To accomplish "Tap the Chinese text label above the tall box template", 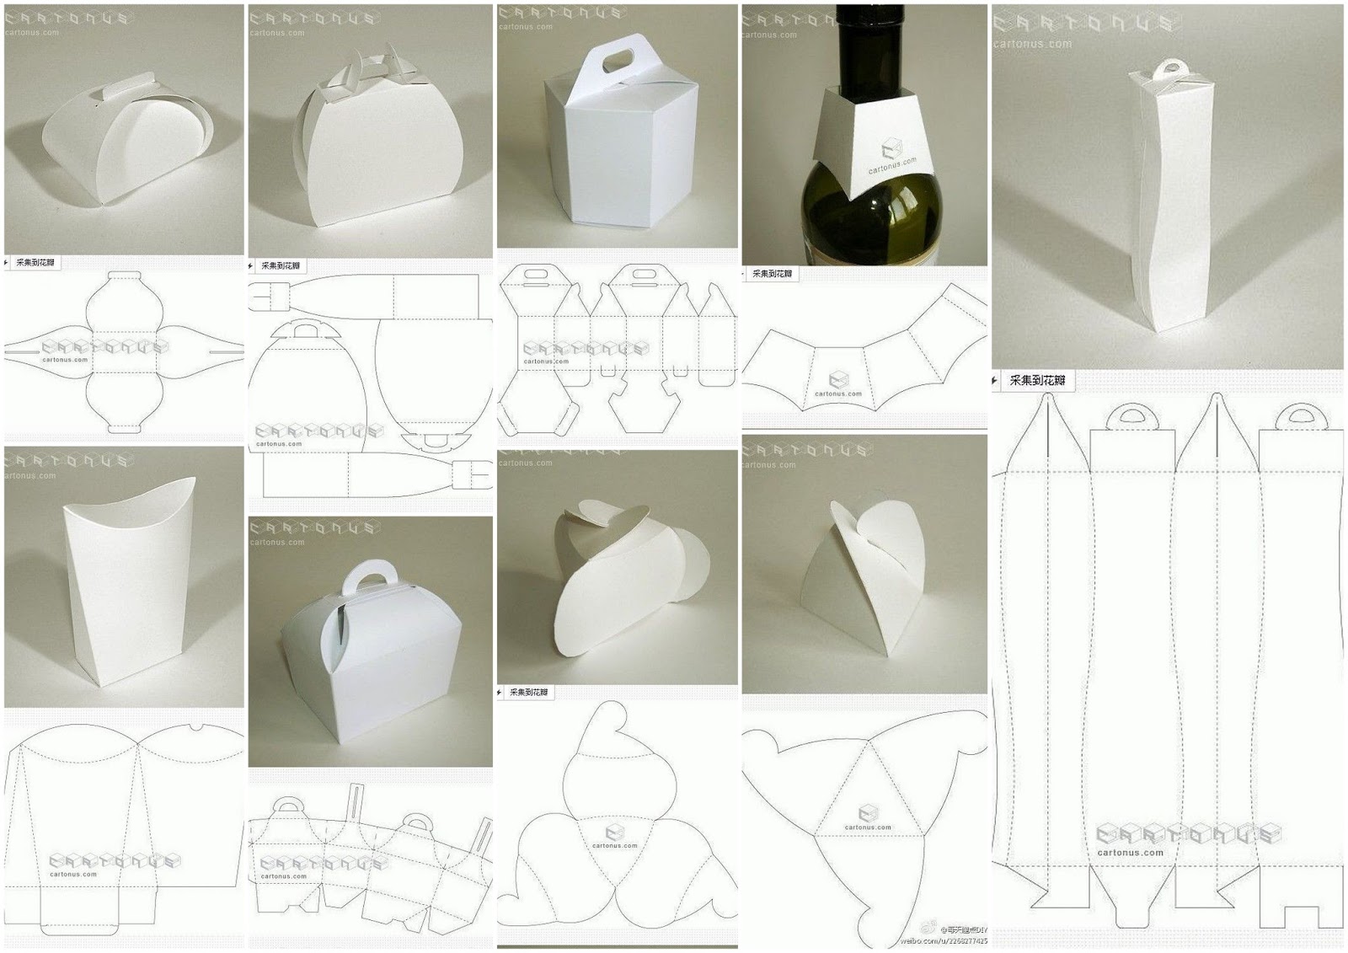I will pyautogui.click(x=1036, y=381).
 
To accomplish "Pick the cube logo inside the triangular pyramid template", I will pyautogui.click(x=868, y=813).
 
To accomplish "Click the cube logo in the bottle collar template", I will pyautogui.click(x=838, y=380).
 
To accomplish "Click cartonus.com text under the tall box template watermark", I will pyautogui.click(x=1130, y=853).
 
